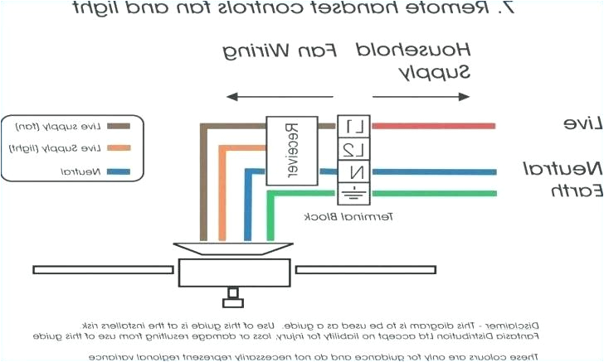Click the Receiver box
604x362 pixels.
[291, 150]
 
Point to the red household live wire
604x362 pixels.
[431, 126]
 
